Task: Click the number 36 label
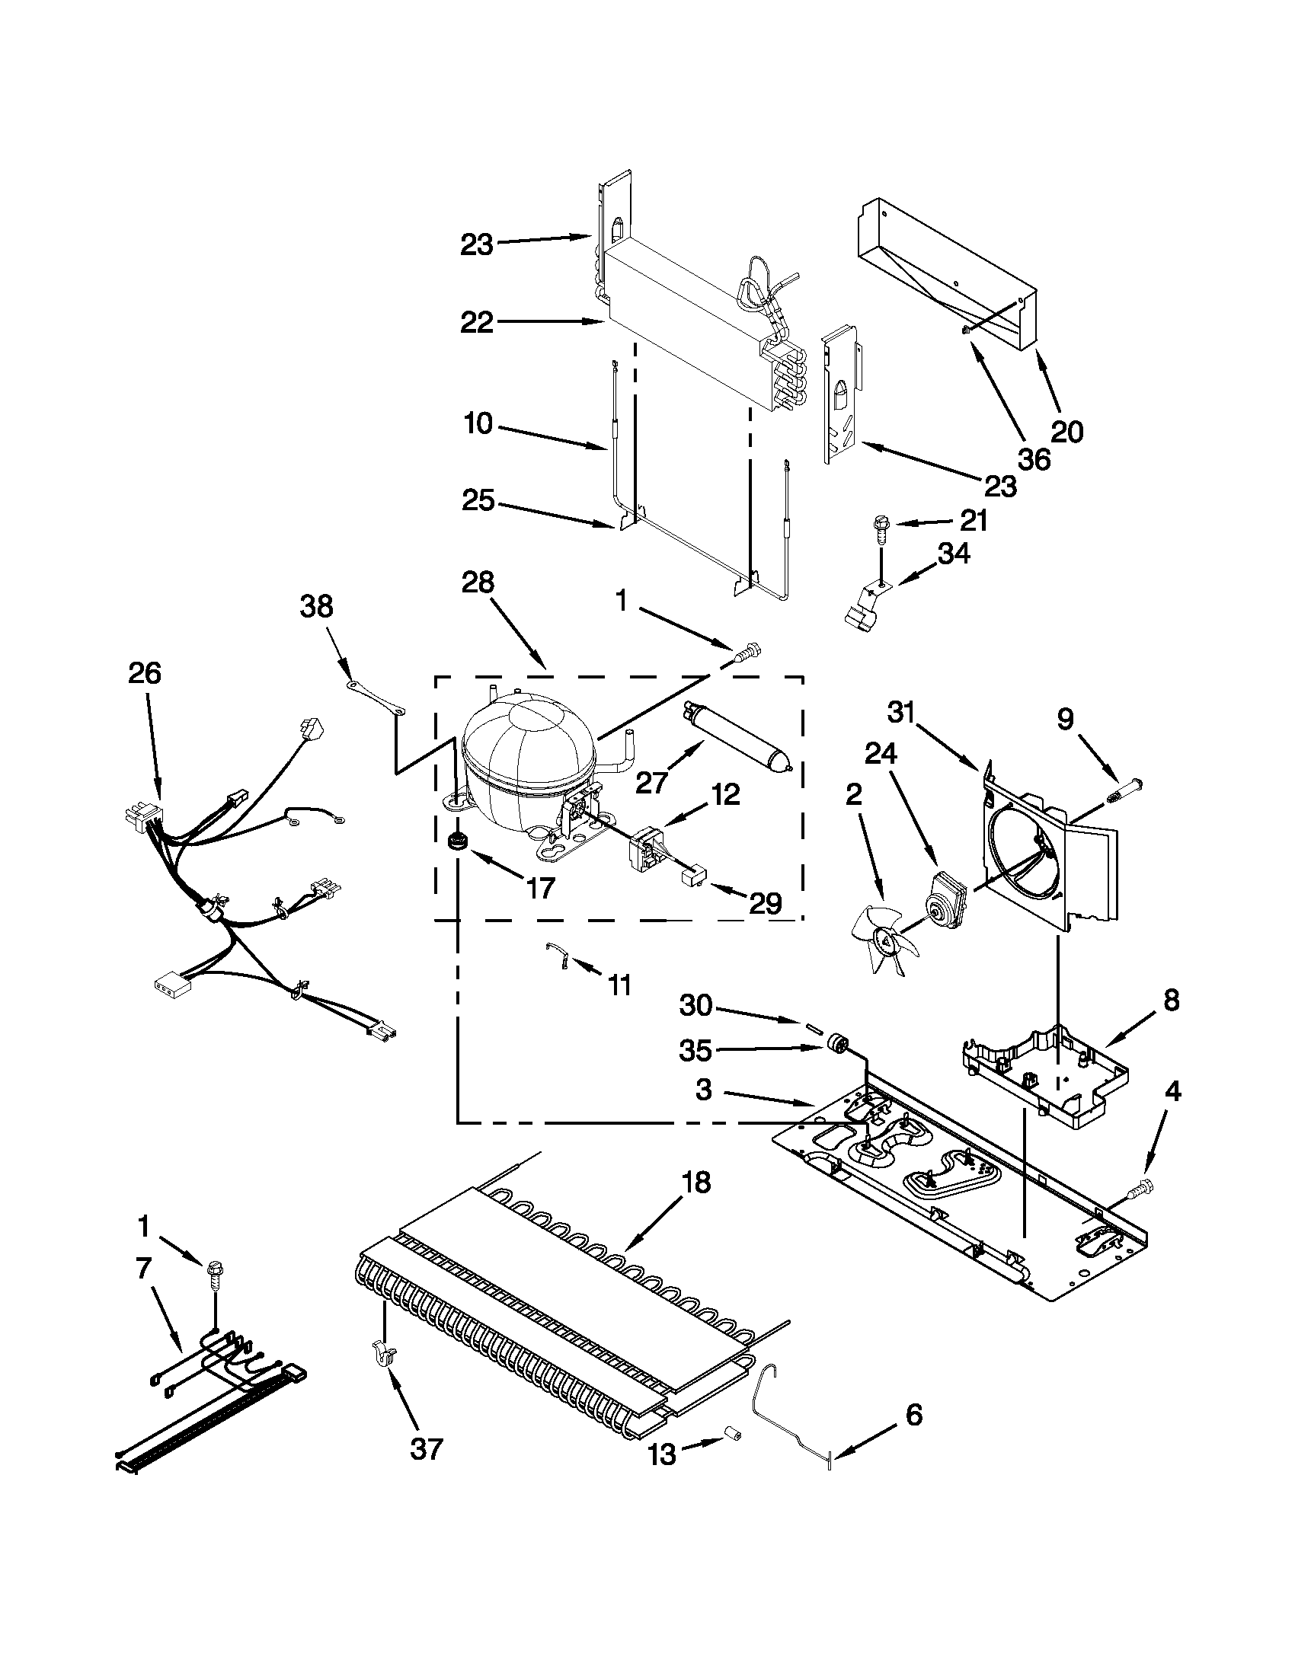(x=1033, y=459)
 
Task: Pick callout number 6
(x=913, y=1414)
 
